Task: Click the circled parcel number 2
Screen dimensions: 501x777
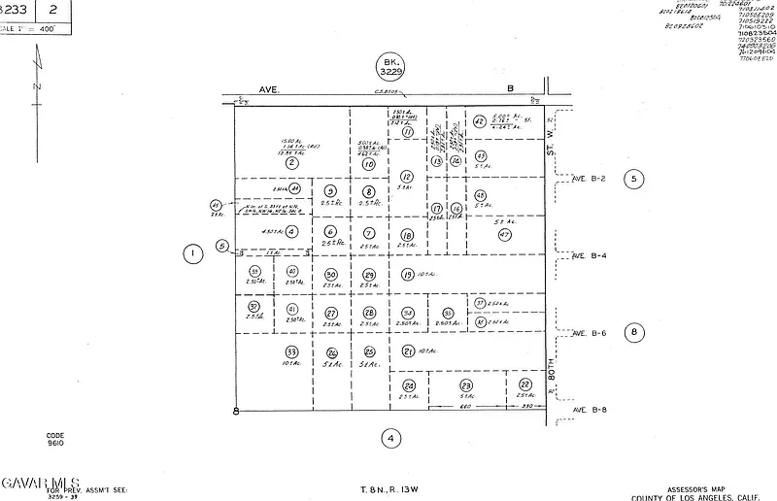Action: click(290, 163)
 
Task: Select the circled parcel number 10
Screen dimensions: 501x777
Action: click(369, 165)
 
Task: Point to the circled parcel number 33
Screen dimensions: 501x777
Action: click(290, 351)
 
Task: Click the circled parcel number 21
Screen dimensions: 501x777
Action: click(409, 351)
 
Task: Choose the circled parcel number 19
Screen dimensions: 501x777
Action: click(407, 275)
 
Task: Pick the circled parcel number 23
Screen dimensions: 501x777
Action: click(466, 385)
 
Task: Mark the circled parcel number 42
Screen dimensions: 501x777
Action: click(479, 121)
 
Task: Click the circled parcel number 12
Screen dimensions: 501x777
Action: click(407, 177)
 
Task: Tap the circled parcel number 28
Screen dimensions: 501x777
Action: click(369, 313)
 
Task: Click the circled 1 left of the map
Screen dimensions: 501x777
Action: click(193, 254)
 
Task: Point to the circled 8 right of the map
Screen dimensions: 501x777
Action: click(634, 332)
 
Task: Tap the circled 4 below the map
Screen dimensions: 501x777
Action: click(389, 438)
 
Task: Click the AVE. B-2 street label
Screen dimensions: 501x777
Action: click(589, 179)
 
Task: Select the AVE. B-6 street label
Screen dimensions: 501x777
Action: click(589, 333)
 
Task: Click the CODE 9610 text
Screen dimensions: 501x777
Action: click(55, 439)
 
